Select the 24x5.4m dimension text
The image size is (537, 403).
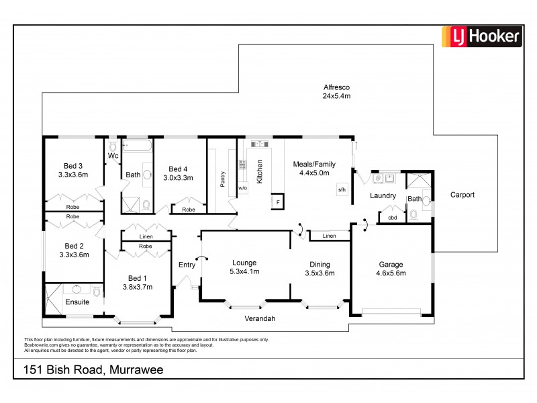[336, 96]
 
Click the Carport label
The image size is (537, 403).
[462, 195]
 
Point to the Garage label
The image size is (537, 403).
[389, 264]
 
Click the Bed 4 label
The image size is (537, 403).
[180, 169]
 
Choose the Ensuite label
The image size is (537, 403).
[77, 302]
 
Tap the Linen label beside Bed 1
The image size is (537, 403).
[145, 236]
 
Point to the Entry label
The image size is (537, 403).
[187, 265]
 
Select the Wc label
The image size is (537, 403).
[113, 156]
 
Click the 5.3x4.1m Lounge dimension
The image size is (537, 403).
[245, 271]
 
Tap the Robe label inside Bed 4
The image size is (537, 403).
[188, 210]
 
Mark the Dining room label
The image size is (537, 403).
[320, 264]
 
